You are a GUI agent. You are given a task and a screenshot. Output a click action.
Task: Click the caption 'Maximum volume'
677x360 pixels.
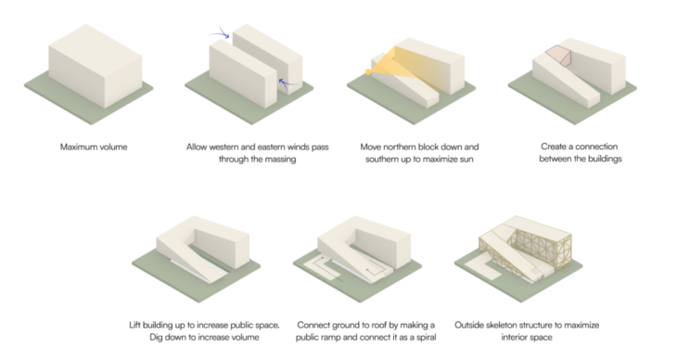pos(94,147)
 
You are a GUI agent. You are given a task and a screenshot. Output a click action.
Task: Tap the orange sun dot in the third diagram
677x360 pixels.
pos(368,72)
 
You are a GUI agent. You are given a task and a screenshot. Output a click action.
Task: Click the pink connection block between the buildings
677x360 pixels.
pos(558,56)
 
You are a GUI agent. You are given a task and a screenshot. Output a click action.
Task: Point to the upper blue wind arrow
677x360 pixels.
pos(221,32)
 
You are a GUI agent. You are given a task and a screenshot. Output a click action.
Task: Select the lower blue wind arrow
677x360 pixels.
pos(287,82)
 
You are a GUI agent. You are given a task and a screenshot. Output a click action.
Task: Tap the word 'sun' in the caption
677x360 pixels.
pos(466,160)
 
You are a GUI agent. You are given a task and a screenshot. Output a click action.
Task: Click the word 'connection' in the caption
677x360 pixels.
pos(596,147)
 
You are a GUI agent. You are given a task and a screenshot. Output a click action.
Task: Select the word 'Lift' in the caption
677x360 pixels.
pos(134,325)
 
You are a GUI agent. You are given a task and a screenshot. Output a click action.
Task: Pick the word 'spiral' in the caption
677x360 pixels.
pos(424,337)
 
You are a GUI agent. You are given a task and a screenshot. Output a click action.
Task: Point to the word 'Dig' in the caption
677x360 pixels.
pos(157,337)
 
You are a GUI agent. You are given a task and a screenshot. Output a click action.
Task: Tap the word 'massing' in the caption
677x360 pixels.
pos(281,160)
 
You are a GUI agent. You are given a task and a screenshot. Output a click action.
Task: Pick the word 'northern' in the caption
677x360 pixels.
pos(401,147)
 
